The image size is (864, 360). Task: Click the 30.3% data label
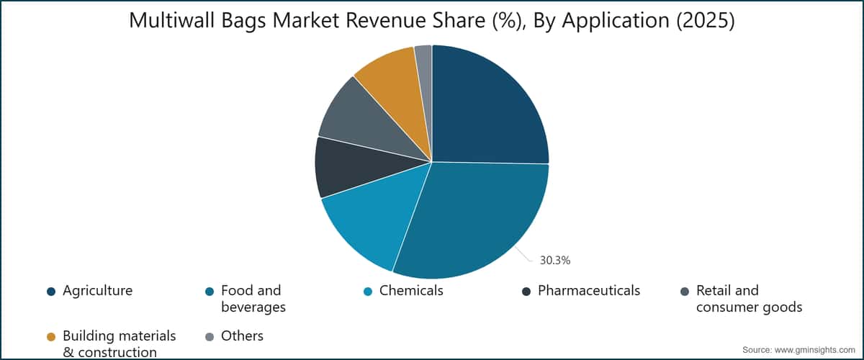pos(555,261)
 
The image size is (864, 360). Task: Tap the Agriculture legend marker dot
pos(51,292)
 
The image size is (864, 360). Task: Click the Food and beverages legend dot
pos(210,292)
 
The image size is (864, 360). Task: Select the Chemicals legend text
pos(411,291)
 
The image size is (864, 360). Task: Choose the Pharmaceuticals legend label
pos(589,291)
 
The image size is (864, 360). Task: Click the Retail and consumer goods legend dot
pos(685,292)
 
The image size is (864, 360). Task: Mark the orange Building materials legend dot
pos(51,337)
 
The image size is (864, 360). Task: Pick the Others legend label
pos(242,336)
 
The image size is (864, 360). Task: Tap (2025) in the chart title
pos(706,20)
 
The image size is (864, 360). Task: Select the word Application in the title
pos(616,21)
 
